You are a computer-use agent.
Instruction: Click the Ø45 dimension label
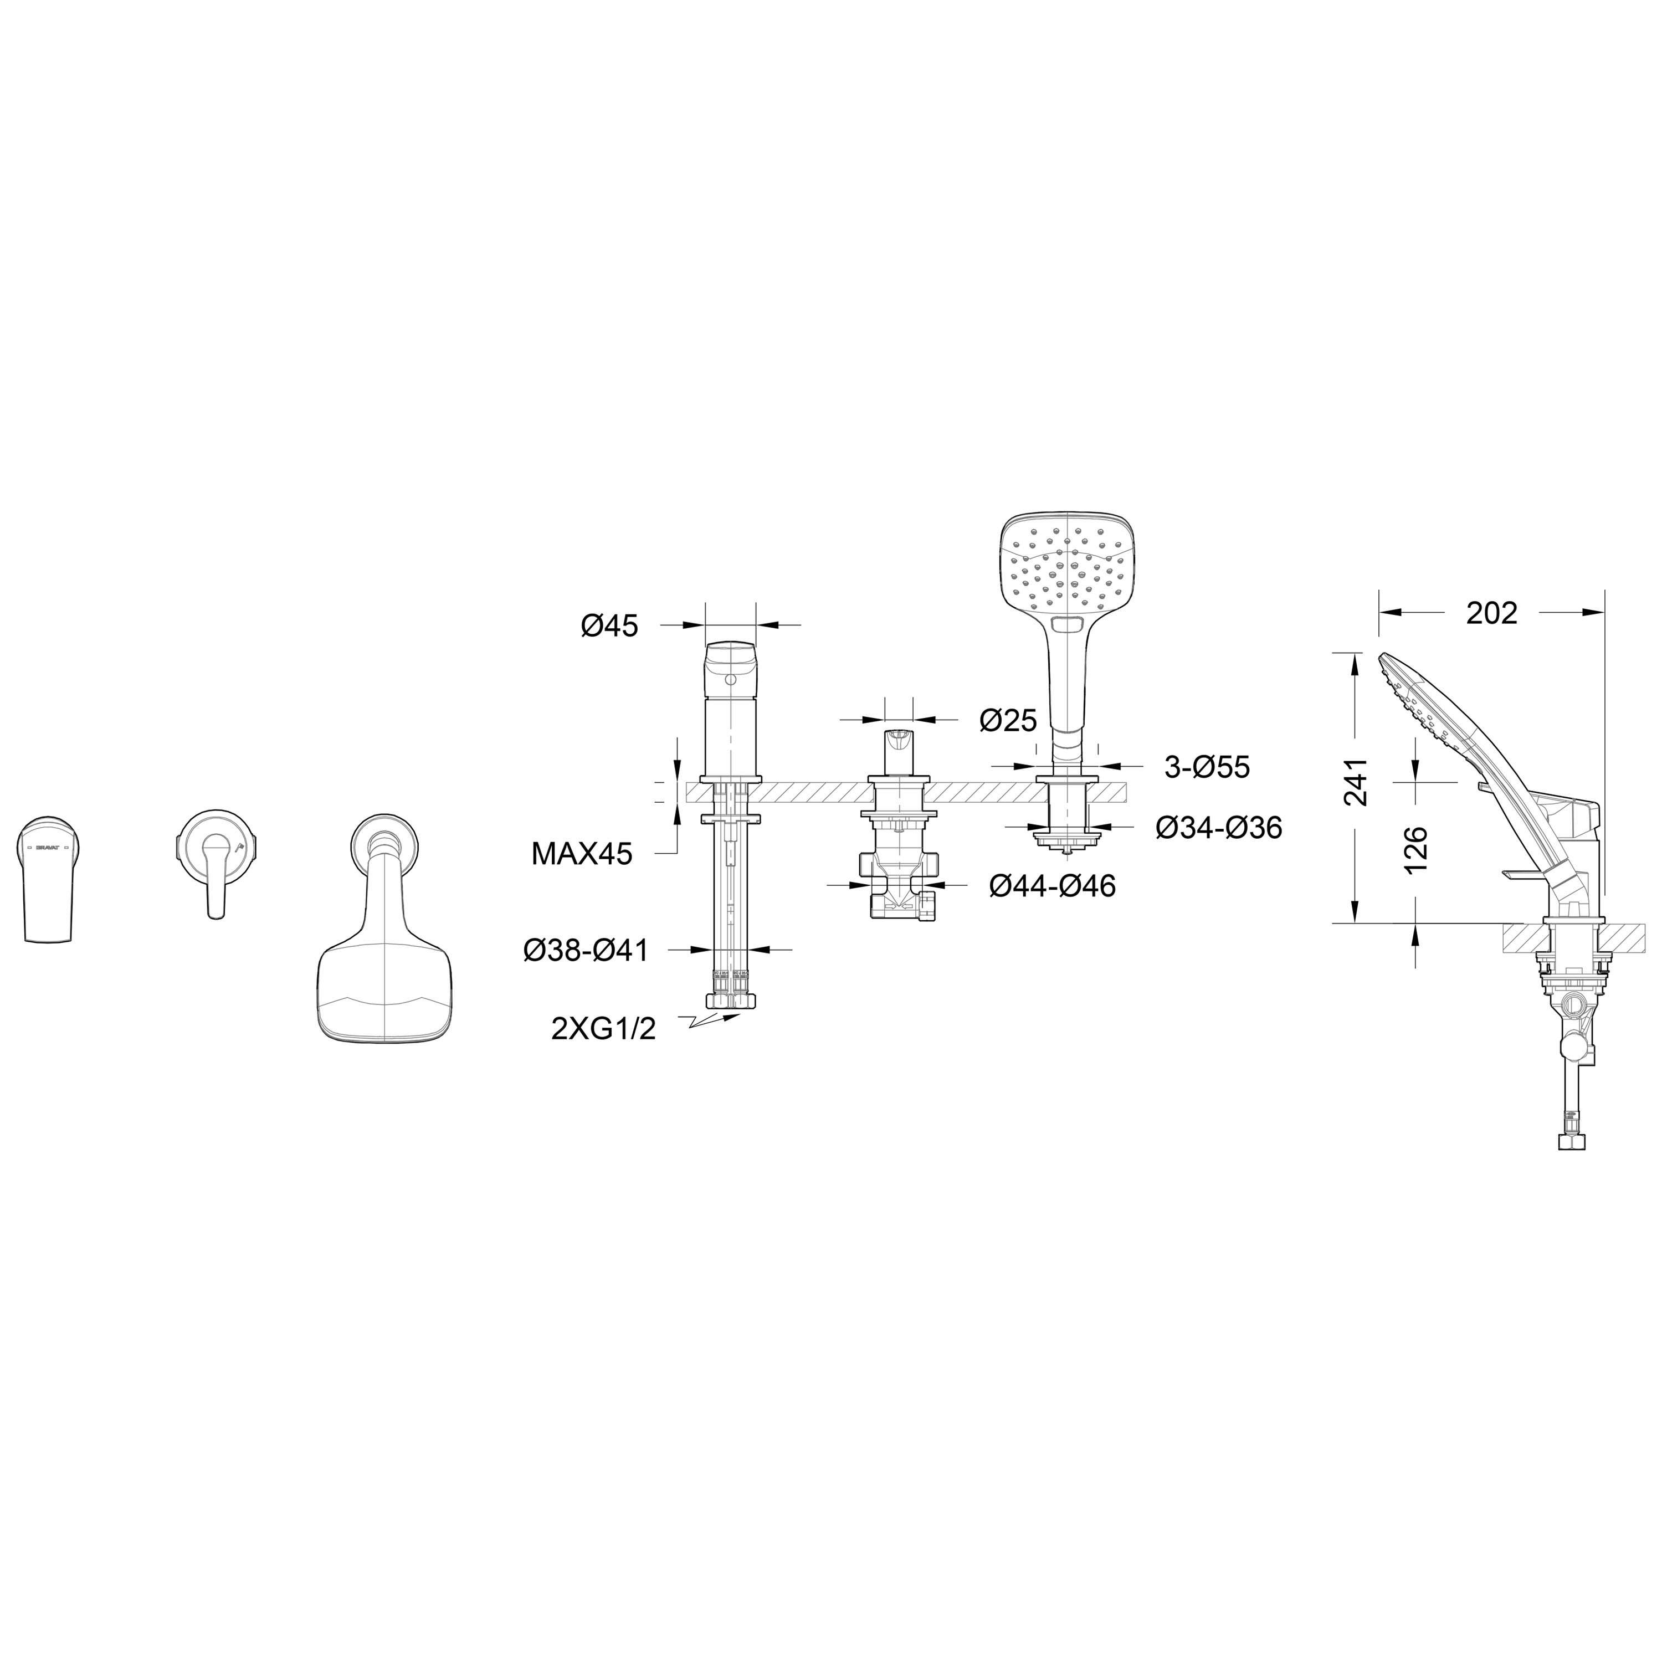pyautogui.click(x=609, y=626)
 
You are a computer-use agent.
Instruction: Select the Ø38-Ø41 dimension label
pyautogui.click(x=586, y=951)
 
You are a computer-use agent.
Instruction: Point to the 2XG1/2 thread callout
pyautogui.click(x=603, y=1029)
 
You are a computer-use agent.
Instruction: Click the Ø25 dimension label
pyautogui.click(x=1008, y=720)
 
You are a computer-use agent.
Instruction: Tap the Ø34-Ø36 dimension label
pyautogui.click(x=1219, y=828)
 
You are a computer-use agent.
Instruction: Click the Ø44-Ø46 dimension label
pyautogui.click(x=1052, y=885)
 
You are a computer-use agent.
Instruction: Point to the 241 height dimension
pyautogui.click(x=1356, y=781)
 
